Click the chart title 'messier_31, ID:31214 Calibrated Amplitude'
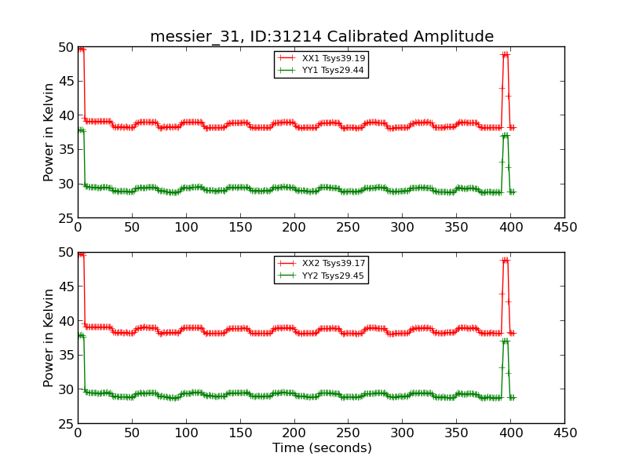(322, 37)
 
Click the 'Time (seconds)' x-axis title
(322, 448)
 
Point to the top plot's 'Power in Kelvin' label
(49, 133)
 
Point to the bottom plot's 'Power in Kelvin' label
(49, 338)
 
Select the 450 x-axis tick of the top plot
(564, 228)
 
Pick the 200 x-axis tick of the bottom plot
(294, 433)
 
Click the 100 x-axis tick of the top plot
(186, 228)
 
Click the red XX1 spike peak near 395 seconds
(505, 54)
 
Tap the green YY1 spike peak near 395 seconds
(505, 135)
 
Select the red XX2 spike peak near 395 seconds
(505, 260)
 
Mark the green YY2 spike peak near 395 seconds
(505, 341)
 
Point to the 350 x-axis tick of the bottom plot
(456, 433)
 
